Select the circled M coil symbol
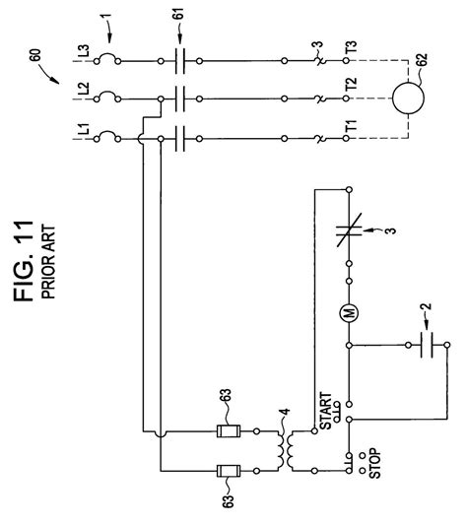[349, 311]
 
